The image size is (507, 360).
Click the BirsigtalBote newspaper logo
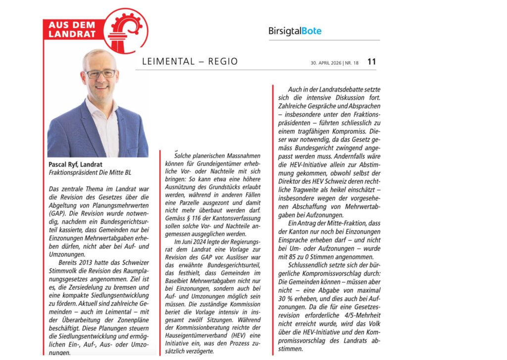[x=295, y=31]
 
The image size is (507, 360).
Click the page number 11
[x=371, y=62]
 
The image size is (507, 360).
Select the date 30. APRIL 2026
[x=326, y=62]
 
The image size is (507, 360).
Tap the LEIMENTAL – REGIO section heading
[x=190, y=62]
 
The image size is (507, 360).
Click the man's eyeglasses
[x=100, y=73]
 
